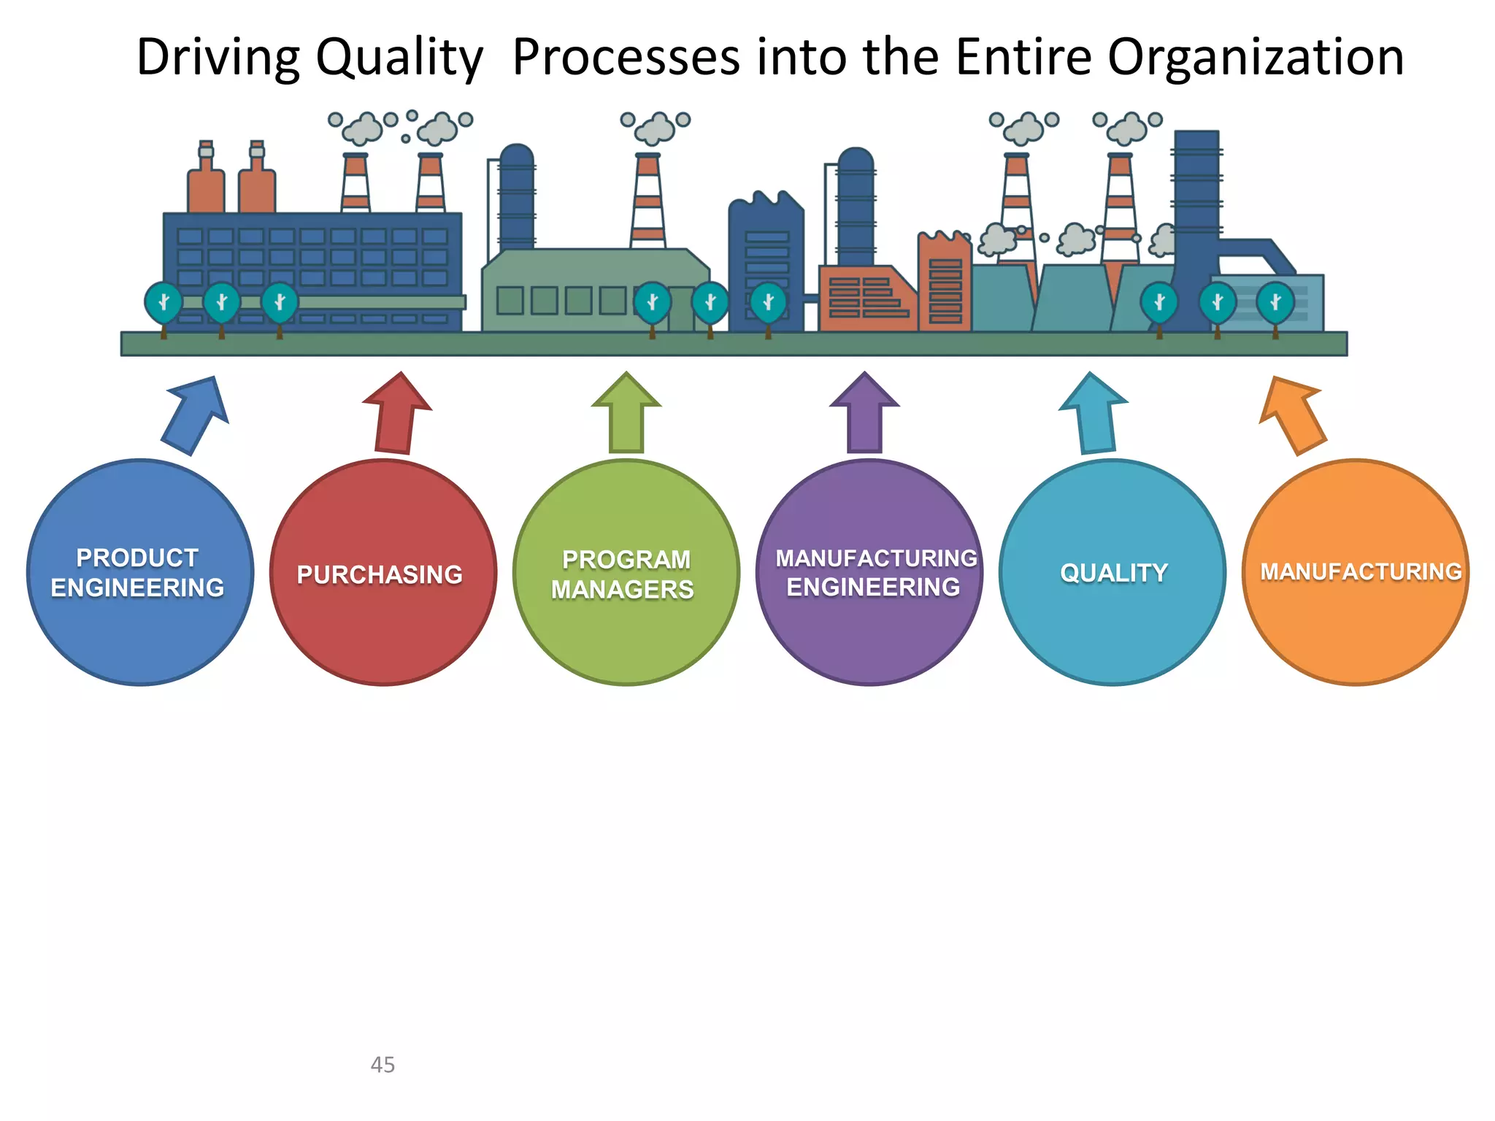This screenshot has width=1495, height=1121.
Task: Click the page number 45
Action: click(383, 1064)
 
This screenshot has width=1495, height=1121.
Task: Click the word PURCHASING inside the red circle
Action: click(380, 574)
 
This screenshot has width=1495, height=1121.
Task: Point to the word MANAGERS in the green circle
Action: click(623, 589)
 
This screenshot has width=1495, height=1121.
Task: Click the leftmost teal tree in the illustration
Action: click(164, 302)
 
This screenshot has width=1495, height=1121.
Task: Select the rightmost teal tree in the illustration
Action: click(1275, 302)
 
